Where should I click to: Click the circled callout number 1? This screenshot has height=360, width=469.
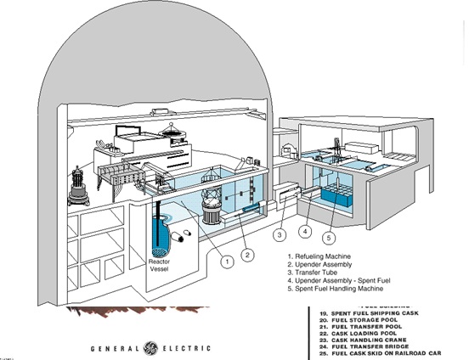click(227, 262)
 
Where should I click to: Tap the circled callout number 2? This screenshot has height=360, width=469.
click(248, 252)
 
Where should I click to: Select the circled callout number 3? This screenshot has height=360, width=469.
click(279, 234)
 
